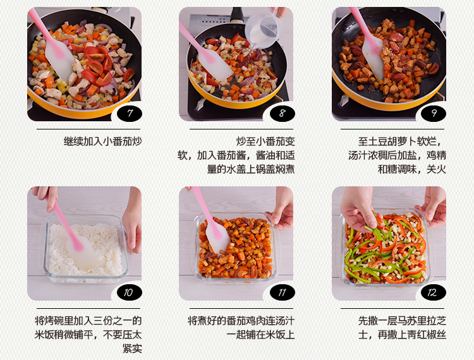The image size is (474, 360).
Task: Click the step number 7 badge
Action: click(x=130, y=114)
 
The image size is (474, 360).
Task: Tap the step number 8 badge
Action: click(x=283, y=114)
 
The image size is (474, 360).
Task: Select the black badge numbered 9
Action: click(x=434, y=114)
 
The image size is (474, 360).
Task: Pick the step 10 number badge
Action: click(x=130, y=292)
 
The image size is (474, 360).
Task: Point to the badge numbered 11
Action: click(x=283, y=292)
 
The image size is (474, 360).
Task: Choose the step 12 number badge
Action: click(x=434, y=292)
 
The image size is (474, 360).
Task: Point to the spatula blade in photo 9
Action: click(x=374, y=57)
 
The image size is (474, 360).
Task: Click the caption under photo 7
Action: click(x=102, y=141)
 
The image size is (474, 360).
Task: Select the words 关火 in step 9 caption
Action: click(x=436, y=169)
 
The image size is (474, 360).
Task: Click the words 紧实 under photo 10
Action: click(x=132, y=348)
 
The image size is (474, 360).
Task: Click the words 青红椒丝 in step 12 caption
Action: click(x=427, y=335)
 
